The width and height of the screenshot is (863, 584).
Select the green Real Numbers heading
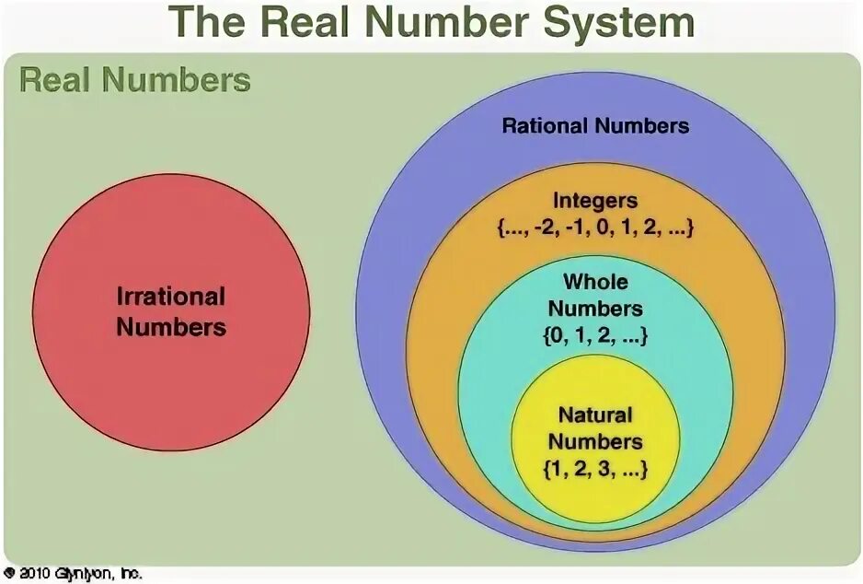(135, 80)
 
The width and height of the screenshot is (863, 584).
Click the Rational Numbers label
(595, 126)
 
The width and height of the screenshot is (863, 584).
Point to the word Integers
(595, 200)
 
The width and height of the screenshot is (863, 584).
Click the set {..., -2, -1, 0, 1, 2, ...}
(595, 228)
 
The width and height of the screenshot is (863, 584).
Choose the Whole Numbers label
(595, 294)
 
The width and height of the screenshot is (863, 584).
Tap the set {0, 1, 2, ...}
(595, 336)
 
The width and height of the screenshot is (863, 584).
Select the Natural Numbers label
(595, 427)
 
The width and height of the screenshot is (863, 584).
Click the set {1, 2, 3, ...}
(595, 469)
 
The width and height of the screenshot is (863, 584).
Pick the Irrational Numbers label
(171, 311)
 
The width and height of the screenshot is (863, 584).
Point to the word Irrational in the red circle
(171, 297)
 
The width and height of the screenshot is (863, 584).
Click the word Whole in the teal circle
(595, 280)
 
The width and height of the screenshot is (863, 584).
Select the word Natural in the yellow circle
(595, 415)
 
